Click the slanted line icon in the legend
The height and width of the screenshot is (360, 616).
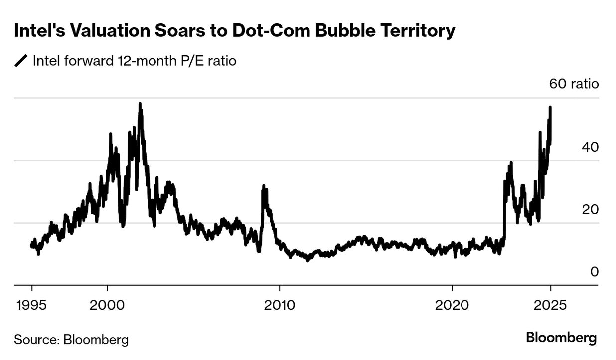tap(21, 62)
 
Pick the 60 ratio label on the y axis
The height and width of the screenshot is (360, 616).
tap(574, 83)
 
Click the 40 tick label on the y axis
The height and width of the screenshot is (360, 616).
tap(590, 147)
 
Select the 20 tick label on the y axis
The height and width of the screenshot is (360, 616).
tap(590, 209)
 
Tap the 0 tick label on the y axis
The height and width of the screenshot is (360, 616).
tap(594, 272)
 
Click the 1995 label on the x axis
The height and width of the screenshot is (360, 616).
tap(32, 304)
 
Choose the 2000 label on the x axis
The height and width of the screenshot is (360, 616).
tap(107, 304)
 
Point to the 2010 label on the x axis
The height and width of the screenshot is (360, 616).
tap(280, 304)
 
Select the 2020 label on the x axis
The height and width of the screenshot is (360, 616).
tap(452, 304)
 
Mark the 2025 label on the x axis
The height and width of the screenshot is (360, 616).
tap(550, 304)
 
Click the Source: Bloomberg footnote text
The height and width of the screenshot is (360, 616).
tap(71, 340)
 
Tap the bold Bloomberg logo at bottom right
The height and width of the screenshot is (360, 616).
tap(561, 338)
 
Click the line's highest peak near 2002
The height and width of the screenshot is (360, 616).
tap(140, 104)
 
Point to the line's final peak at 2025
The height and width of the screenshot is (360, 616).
tap(550, 107)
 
